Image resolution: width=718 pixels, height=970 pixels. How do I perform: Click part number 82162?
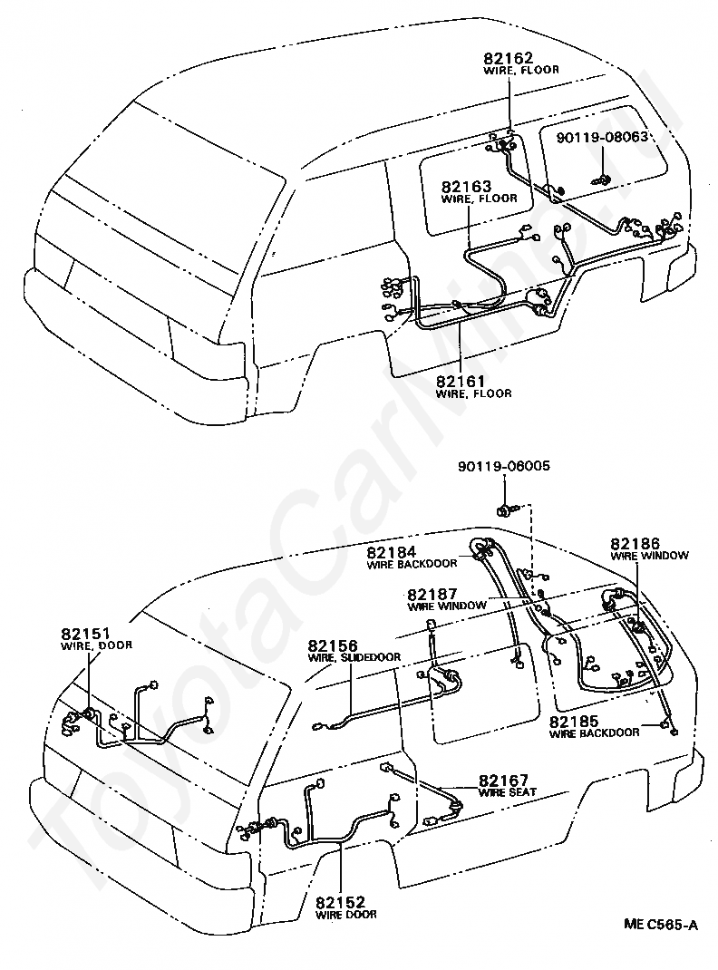(508, 58)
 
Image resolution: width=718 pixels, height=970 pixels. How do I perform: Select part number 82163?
(466, 186)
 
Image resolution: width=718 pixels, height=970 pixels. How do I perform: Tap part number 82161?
(461, 381)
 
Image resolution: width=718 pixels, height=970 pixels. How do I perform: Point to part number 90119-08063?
(602, 137)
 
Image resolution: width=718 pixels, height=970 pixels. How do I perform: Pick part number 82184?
(391, 552)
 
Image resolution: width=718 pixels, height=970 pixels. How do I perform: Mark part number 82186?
(636, 544)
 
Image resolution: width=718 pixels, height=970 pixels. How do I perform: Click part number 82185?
(574, 722)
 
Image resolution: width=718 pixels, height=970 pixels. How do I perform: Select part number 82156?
(333, 646)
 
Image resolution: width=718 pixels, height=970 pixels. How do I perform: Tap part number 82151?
(85, 634)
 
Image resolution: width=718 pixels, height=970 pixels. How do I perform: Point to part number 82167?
(503, 781)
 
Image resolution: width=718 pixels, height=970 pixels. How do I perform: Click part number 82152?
(340, 903)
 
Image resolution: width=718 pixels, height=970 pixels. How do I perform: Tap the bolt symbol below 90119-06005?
(503, 509)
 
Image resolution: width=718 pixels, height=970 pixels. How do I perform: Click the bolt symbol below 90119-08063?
(602, 180)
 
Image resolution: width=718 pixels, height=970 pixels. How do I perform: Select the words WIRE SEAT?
(507, 791)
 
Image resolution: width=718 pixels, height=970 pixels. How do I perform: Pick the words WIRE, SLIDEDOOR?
(354, 657)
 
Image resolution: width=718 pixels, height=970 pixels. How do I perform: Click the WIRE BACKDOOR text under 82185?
(595, 733)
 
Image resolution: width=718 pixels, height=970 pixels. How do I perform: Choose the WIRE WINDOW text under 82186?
(649, 556)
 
